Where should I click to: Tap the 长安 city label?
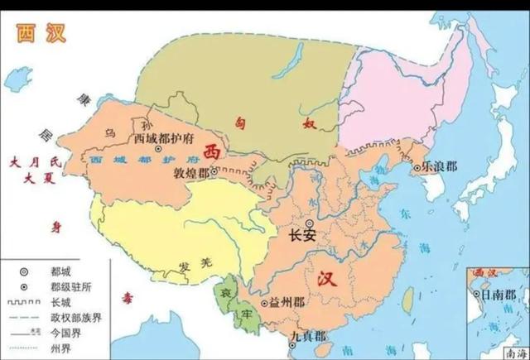pyautogui.click(x=303, y=236)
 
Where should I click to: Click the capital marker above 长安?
pyautogui.click(x=309, y=223)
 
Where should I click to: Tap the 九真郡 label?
pyautogui.click(x=308, y=338)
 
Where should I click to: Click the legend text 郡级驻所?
pyautogui.click(x=67, y=284)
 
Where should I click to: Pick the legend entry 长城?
pyautogui.click(x=60, y=299)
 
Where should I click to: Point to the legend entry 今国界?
pyautogui.click(x=64, y=329)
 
